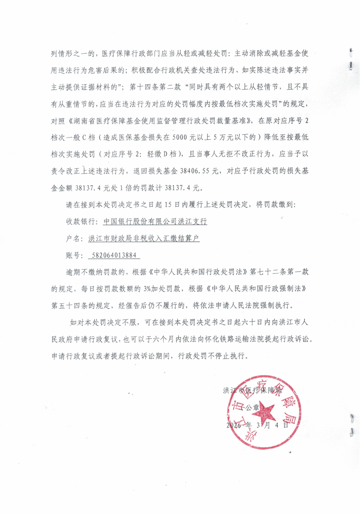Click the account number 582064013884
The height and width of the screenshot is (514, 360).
(111, 256)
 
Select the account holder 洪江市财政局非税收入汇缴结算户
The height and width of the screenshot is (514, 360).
(144, 239)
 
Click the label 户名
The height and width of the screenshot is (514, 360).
(73, 239)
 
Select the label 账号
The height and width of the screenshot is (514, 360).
(73, 256)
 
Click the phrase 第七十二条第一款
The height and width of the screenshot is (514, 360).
(283, 273)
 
